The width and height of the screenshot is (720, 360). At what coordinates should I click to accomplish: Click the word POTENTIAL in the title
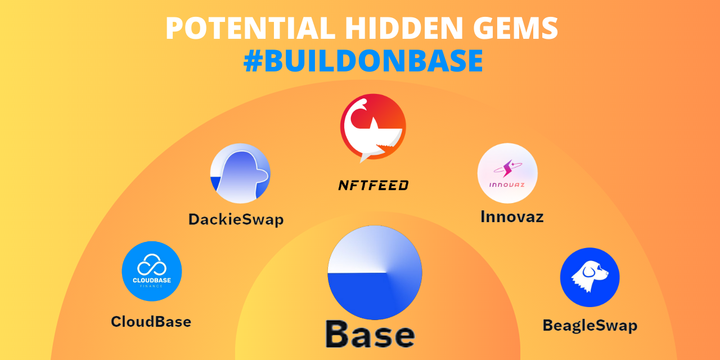[x=251, y=28]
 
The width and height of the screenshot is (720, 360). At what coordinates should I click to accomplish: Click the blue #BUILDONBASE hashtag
[x=363, y=60]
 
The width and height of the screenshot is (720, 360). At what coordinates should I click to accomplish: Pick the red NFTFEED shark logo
[x=373, y=127]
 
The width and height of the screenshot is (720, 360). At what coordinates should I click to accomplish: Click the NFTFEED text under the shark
[x=373, y=185]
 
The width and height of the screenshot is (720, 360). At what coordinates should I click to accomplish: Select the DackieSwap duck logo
[x=240, y=173]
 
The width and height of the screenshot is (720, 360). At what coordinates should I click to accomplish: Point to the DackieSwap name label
[x=236, y=220]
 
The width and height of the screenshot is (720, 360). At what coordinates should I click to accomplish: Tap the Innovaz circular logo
[x=507, y=173]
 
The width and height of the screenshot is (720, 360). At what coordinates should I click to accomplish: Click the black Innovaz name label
[x=512, y=217]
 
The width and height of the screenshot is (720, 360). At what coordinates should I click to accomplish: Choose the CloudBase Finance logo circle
[x=152, y=271]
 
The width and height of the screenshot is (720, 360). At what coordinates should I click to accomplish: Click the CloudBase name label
[x=151, y=321]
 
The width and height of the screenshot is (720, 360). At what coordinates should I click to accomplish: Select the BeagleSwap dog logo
[x=590, y=277]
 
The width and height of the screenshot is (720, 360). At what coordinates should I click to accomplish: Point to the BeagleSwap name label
[x=590, y=326]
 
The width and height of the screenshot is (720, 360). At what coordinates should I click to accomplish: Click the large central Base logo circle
[x=375, y=273]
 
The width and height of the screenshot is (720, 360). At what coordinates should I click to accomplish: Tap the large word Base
[x=370, y=334]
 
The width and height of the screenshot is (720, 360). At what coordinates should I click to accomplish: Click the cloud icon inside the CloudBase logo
[x=152, y=265]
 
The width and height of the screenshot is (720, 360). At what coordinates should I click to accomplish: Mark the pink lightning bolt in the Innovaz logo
[x=507, y=168]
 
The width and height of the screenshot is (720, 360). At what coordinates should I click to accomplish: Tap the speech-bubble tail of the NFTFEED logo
[x=365, y=157]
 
